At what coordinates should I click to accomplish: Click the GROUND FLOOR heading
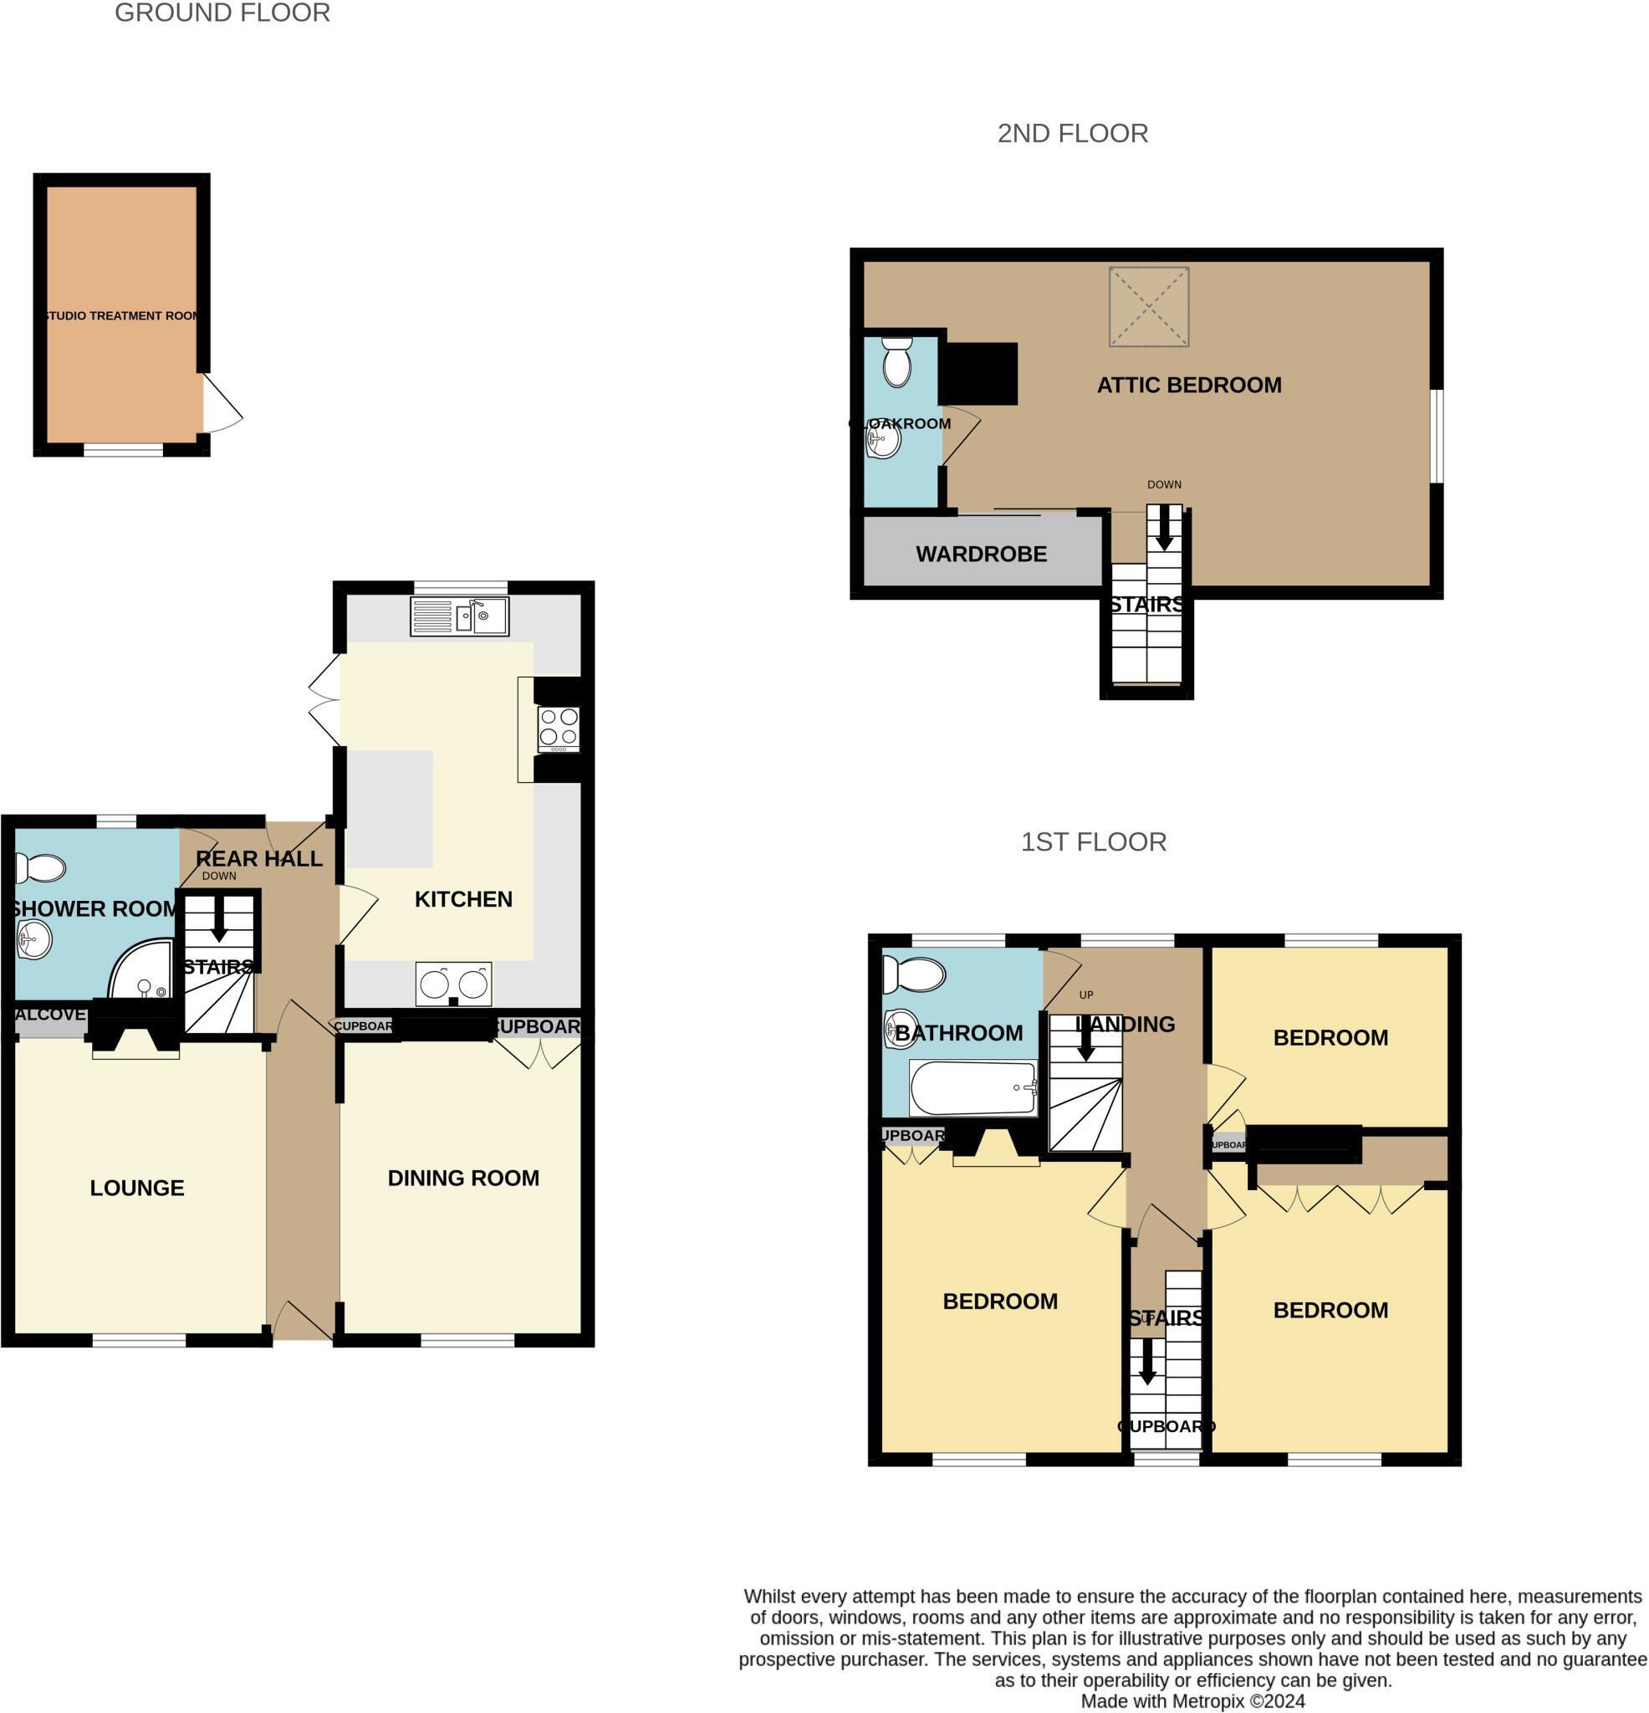point(222,13)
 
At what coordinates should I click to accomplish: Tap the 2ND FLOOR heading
point(1072,134)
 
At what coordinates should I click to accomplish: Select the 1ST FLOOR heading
point(1093,841)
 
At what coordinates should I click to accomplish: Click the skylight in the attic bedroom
point(1148,307)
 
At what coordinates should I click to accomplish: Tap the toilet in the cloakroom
point(896,363)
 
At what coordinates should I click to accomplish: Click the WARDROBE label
point(981,554)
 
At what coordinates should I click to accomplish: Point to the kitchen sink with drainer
point(460,617)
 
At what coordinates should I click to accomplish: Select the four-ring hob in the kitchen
point(558,728)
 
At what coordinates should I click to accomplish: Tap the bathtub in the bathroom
point(973,1088)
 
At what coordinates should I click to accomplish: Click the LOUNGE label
point(137,1188)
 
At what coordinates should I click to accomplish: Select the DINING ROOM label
point(463,1179)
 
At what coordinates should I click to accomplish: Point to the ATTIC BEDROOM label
point(1188,386)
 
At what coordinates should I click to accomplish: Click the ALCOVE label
point(50,1014)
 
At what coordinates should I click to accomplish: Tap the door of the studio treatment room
point(222,404)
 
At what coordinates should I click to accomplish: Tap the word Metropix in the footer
point(1209,1701)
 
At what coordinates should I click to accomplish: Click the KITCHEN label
point(463,899)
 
